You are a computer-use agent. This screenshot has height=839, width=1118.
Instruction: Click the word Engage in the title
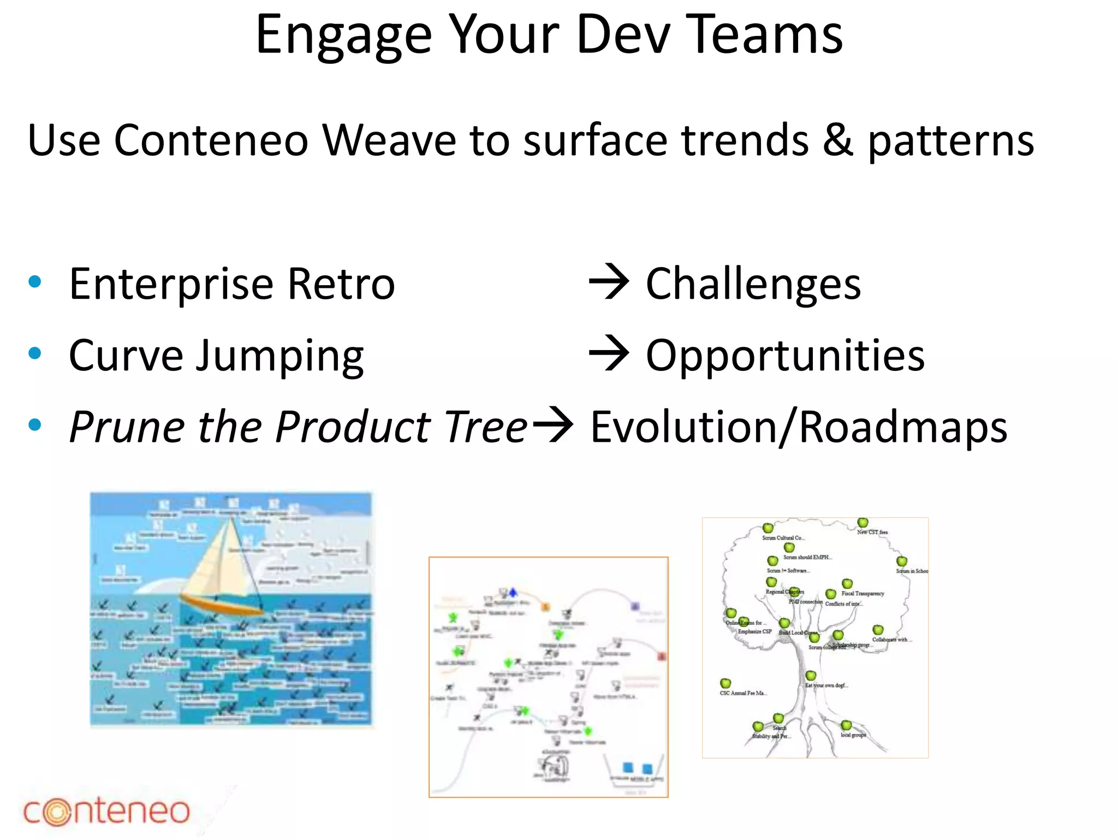[344, 36]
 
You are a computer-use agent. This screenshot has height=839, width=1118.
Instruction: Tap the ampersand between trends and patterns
[837, 141]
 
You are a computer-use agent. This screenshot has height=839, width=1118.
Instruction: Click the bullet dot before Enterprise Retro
[35, 282]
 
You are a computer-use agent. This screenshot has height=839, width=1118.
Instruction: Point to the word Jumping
[279, 356]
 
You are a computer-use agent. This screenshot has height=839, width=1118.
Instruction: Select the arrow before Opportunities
[609, 354]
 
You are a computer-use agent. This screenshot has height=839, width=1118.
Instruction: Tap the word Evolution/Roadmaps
[798, 427]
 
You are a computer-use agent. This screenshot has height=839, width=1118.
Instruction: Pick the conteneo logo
[106, 811]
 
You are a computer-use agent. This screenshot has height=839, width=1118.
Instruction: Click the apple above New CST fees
[863, 523]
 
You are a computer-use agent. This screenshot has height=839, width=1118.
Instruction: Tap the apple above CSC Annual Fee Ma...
[725, 683]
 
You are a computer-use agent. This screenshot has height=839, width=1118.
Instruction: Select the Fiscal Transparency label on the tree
[863, 593]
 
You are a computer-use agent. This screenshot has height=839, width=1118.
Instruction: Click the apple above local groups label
[846, 725]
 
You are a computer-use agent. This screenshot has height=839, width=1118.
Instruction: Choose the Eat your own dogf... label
[826, 686]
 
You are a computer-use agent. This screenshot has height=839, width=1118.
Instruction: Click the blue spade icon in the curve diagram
[513, 592]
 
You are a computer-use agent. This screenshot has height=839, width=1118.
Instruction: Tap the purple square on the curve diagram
[635, 606]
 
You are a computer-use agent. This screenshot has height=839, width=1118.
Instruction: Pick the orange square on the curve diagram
[545, 607]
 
